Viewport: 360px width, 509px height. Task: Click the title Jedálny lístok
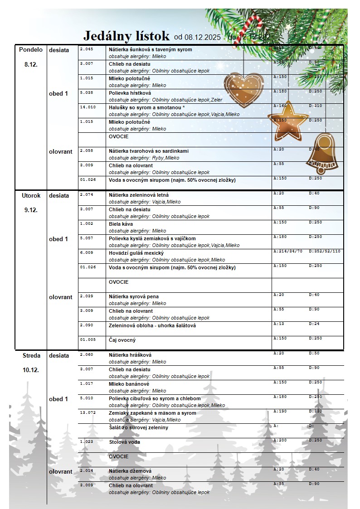[x=126, y=36]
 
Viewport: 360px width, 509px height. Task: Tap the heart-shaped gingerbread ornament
[x=243, y=88]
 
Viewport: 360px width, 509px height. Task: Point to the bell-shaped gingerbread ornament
[x=321, y=154]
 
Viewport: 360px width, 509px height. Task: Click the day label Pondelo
[x=31, y=50]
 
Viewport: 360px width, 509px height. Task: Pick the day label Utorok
[x=31, y=196]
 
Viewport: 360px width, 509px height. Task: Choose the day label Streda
[x=31, y=356]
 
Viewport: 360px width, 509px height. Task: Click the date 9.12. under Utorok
[x=31, y=210]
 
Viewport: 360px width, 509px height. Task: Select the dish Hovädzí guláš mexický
[x=136, y=253]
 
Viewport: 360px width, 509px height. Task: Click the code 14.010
[x=88, y=107]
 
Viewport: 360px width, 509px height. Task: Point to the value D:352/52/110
[x=325, y=251]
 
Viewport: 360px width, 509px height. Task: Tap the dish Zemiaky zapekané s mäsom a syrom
[x=152, y=413]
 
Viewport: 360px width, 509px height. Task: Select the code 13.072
[x=88, y=413]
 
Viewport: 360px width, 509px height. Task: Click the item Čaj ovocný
[x=122, y=340]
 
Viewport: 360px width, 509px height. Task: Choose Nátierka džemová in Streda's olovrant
[x=130, y=471]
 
